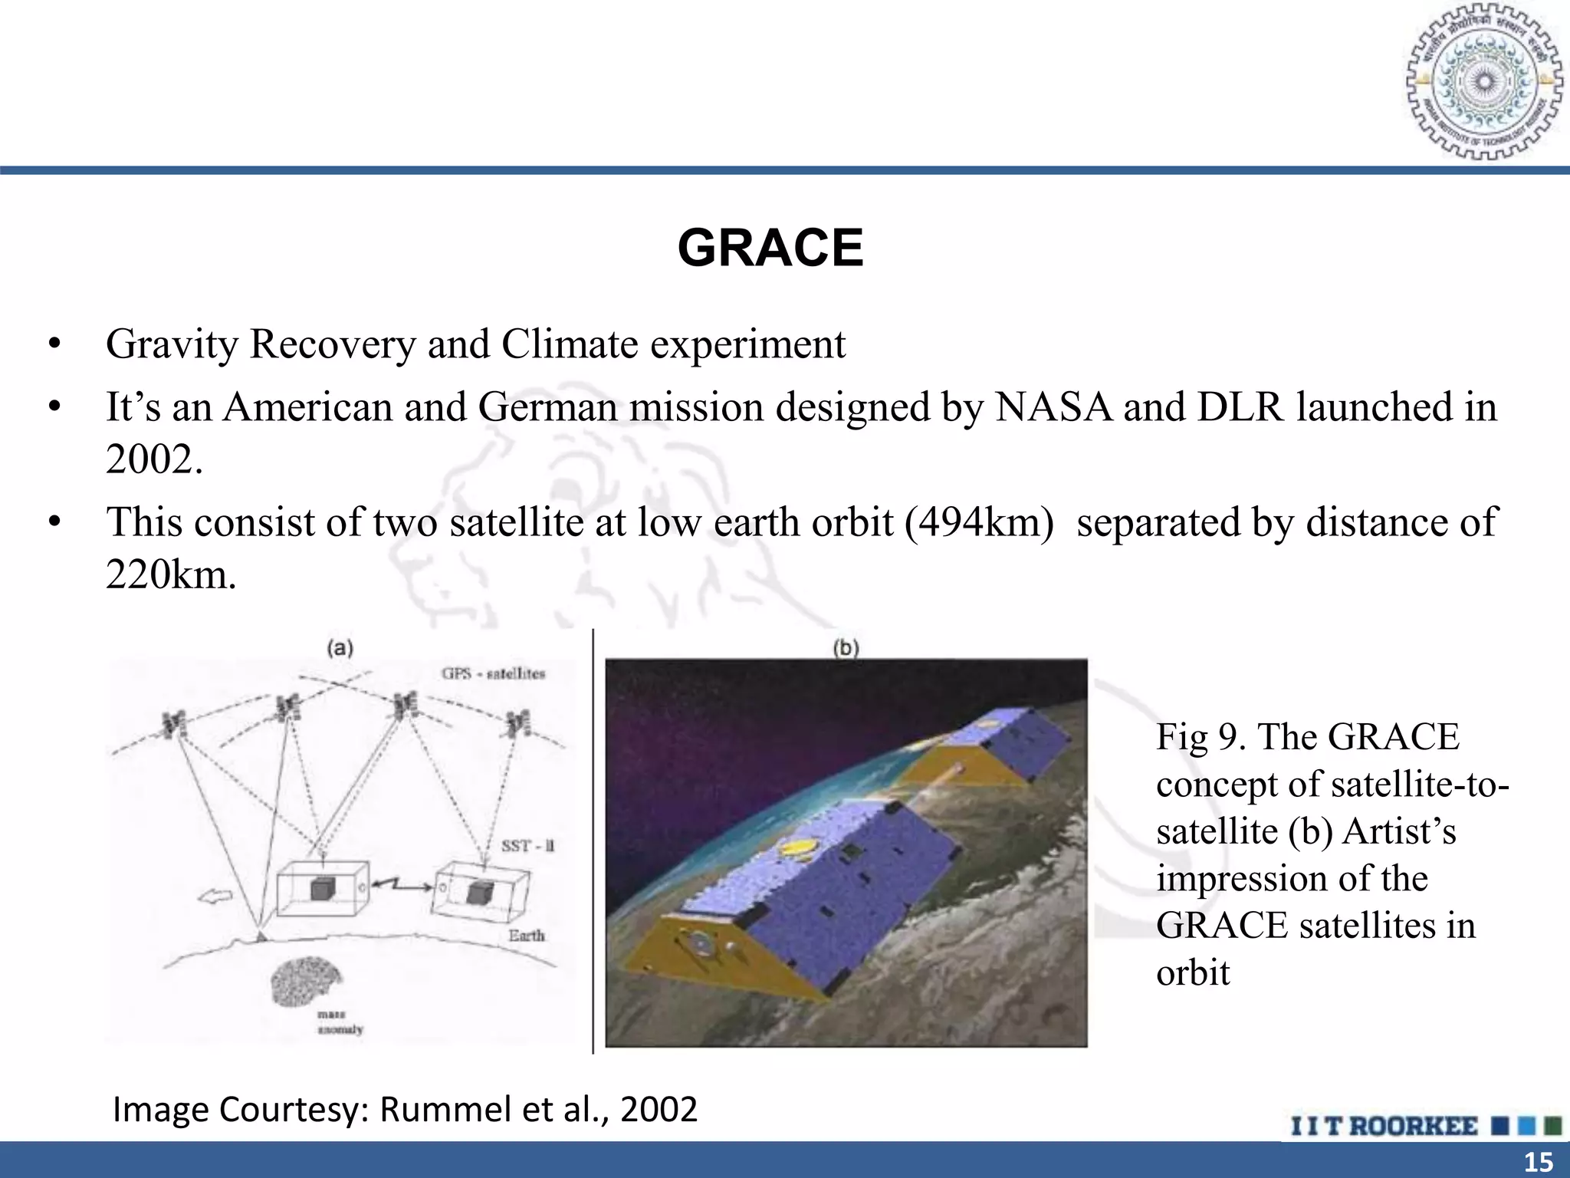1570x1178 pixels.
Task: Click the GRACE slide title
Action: tap(770, 248)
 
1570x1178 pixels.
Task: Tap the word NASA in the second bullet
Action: tap(1053, 406)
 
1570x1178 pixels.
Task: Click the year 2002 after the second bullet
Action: tap(153, 460)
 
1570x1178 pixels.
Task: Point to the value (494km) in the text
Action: tap(979, 522)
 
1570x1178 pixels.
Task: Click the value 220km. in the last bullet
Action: tap(171, 574)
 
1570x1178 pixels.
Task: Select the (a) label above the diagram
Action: tap(340, 648)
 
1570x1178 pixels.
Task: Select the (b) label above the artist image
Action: tap(846, 648)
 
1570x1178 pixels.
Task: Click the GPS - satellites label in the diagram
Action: tap(493, 673)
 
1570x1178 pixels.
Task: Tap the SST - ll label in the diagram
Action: tap(527, 846)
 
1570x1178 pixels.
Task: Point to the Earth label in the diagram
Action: tap(526, 936)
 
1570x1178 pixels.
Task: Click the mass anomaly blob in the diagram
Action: tap(306, 982)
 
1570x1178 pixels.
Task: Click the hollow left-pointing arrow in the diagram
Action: tap(216, 896)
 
